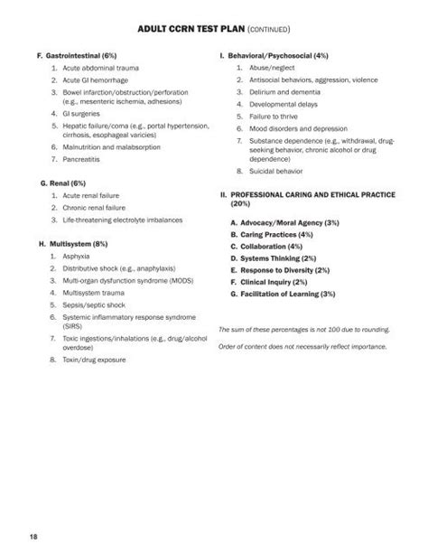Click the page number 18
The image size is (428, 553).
tap(33, 539)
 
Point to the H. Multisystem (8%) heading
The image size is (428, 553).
tap(74, 244)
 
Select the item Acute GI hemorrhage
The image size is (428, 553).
tap(98, 81)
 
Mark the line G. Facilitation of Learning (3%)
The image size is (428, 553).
tap(283, 294)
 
